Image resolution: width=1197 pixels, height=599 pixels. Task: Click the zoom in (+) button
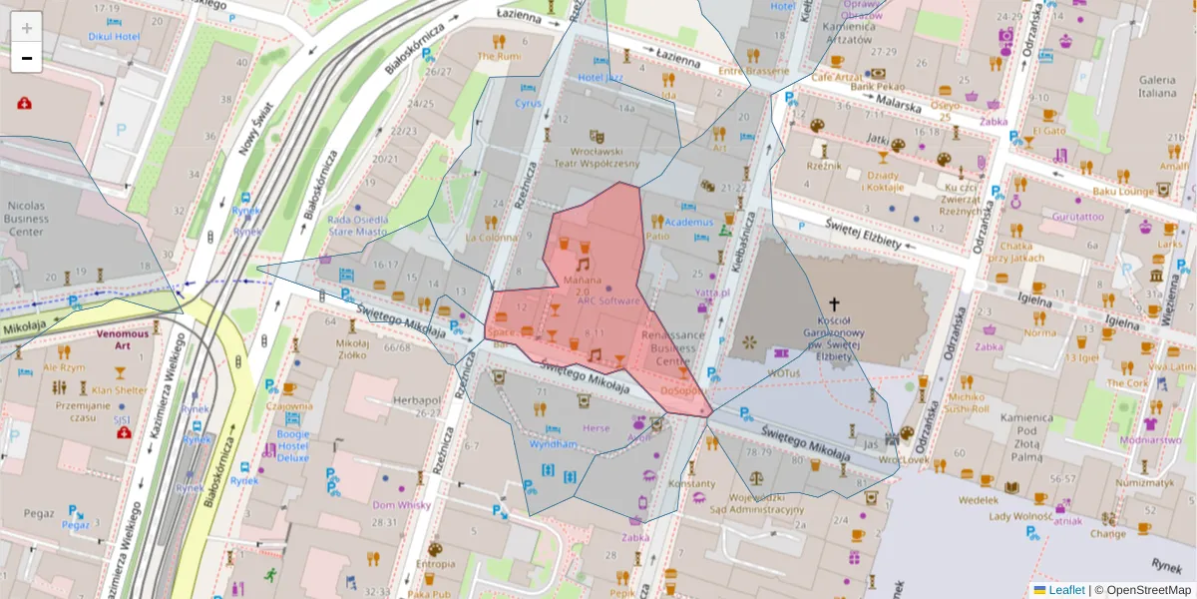[27, 27]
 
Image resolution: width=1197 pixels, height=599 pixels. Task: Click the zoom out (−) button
[27, 58]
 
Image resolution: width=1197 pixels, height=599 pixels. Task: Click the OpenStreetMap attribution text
[1143, 590]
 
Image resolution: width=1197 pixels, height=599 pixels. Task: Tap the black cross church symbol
[834, 302]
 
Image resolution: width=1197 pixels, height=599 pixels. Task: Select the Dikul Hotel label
[113, 37]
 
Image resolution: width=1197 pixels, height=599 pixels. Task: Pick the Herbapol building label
[417, 399]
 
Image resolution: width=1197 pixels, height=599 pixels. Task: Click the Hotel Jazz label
[600, 77]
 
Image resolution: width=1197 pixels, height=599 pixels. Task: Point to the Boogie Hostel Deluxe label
[293, 445]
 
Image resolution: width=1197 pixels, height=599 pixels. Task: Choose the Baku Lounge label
[1122, 191]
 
